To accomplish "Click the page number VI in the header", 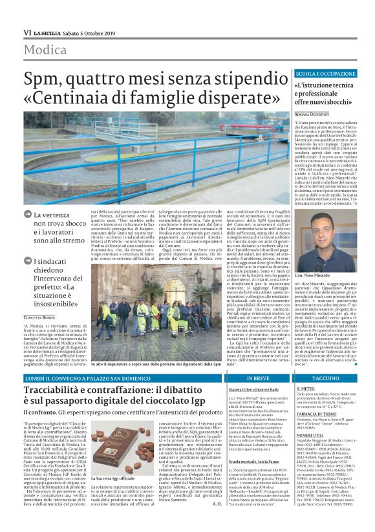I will click(x=27, y=32).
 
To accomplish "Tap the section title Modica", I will click(x=47, y=50).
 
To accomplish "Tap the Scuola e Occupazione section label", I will click(x=325, y=74).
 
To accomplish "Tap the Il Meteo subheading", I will click(x=305, y=388).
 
